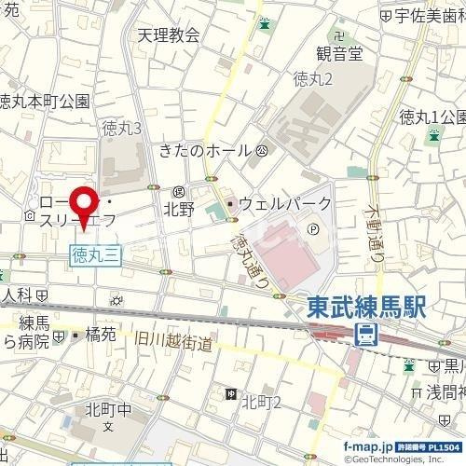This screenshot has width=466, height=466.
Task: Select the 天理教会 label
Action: [169, 35]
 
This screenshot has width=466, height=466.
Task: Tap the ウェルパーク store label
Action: [285, 202]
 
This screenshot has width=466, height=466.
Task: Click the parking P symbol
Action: [312, 226]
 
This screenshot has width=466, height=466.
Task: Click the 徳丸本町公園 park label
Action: [44, 102]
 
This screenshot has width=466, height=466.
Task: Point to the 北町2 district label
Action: [262, 401]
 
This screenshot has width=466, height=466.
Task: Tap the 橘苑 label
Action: [100, 333]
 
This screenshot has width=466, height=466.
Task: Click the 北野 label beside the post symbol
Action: [179, 210]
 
